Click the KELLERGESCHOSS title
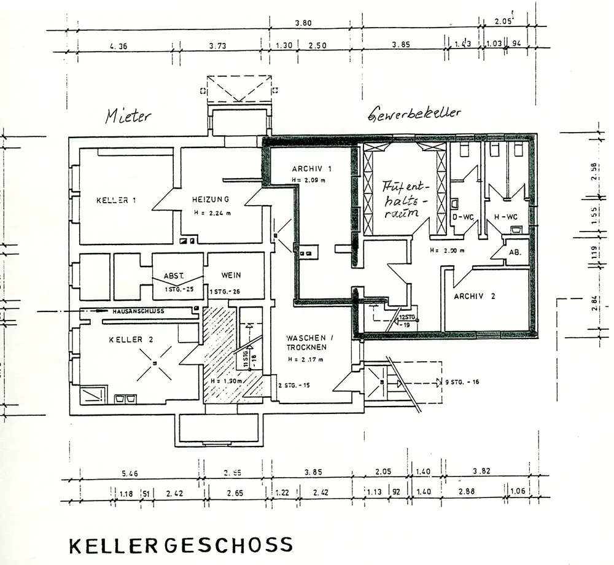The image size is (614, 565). click(x=181, y=545)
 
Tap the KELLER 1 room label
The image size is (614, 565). click(x=116, y=200)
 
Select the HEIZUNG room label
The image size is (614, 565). click(x=210, y=199)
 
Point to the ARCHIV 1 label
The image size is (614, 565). click(x=312, y=169)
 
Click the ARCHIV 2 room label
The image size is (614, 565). click(x=474, y=296)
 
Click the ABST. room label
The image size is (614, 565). click(x=174, y=276)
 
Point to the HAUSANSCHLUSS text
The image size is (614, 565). click(x=138, y=311)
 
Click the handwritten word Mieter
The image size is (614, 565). click(x=127, y=115)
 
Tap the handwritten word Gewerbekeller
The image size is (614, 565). click(x=414, y=114)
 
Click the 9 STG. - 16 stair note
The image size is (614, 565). click(x=462, y=382)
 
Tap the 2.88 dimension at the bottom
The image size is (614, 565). click(x=467, y=493)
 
